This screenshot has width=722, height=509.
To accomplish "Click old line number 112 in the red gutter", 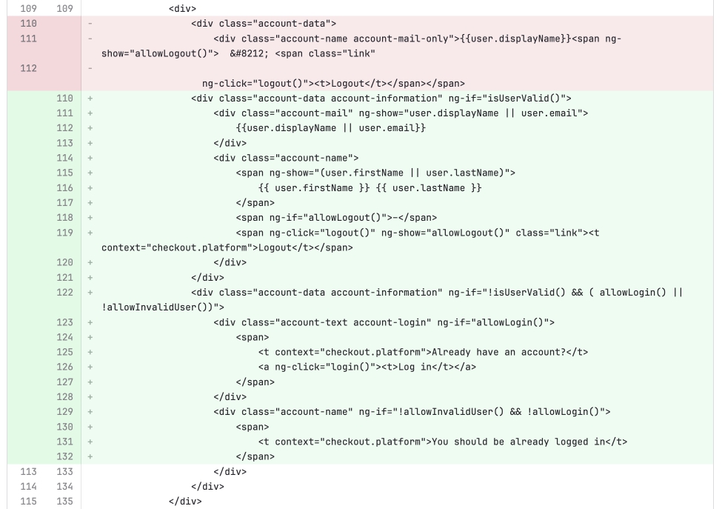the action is (29, 69).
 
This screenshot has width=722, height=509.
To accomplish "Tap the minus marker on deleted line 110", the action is (90, 24).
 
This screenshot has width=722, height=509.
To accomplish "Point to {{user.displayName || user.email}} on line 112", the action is (330, 128).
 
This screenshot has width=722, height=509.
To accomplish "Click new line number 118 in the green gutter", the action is (64, 218).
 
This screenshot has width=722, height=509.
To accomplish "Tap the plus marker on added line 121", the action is (90, 278).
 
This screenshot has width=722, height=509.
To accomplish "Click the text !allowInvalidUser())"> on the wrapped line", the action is (163, 307).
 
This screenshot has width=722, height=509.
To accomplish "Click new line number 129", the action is (64, 412).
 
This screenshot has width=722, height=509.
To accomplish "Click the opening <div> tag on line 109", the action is (182, 9).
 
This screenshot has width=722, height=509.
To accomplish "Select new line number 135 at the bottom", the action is (64, 501).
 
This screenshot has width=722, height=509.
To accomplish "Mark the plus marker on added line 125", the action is (90, 353).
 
